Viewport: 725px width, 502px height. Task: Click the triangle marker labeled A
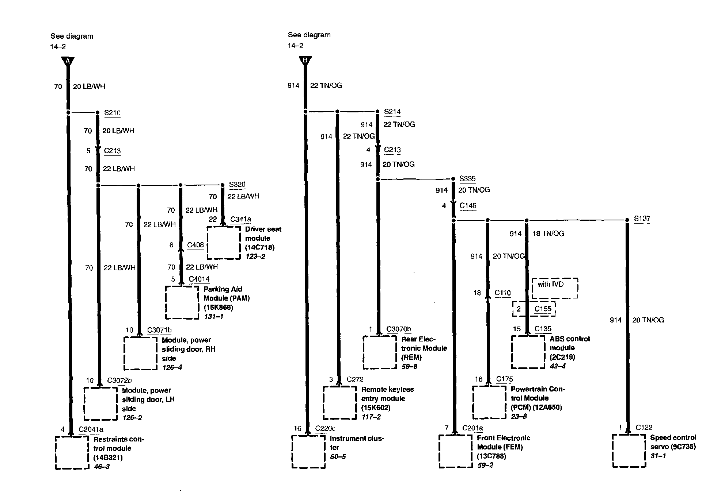coord(68,62)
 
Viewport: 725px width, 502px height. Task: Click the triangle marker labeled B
coord(305,61)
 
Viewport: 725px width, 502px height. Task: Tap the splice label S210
coord(112,113)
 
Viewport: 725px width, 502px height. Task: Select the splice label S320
coord(237,184)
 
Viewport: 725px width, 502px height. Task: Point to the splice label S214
coord(392,112)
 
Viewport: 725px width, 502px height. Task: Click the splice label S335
coord(467,178)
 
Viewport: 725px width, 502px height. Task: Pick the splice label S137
coord(642,219)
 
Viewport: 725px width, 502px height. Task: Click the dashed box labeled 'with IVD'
coord(555,288)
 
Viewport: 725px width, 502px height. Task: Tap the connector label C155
coord(543,309)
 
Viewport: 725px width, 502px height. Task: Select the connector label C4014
coord(199,279)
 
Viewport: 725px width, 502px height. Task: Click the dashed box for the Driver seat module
coord(224,243)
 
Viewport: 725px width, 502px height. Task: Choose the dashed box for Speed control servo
coord(629,451)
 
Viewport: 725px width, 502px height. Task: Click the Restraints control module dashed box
coord(72,452)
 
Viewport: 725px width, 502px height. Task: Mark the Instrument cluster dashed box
coord(308,451)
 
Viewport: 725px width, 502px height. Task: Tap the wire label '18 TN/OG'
coord(548,233)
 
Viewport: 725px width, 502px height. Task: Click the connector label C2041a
coord(91,429)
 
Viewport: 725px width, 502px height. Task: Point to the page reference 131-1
coord(213,316)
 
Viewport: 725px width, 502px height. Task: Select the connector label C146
coord(468,205)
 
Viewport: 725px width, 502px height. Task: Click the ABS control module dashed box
coord(528,352)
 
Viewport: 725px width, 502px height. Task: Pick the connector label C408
coord(196,245)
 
